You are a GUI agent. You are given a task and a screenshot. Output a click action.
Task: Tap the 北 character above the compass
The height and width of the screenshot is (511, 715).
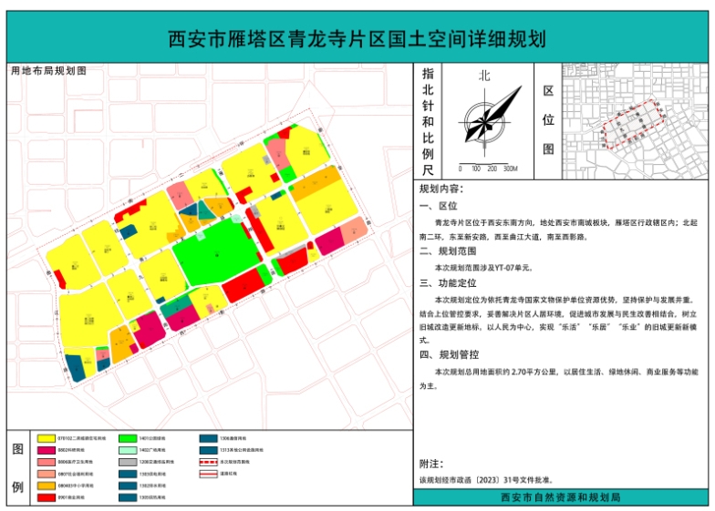(484, 77)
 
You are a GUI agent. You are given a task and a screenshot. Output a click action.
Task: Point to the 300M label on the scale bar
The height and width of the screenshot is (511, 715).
(510, 169)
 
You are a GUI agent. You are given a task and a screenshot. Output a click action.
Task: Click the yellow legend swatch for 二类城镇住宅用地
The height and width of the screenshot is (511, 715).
(46, 438)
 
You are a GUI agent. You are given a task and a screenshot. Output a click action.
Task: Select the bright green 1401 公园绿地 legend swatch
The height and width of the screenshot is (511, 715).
(128, 438)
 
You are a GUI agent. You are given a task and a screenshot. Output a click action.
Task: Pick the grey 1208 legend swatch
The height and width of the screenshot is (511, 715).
(128, 462)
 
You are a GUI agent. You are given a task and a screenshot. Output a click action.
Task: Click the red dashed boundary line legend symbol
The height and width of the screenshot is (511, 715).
(210, 462)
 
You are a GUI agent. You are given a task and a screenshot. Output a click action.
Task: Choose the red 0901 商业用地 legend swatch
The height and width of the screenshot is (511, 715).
(46, 497)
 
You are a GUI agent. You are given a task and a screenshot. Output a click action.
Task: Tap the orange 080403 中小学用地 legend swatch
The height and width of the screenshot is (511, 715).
(46, 485)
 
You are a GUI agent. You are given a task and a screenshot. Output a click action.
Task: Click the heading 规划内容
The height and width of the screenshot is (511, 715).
(440, 189)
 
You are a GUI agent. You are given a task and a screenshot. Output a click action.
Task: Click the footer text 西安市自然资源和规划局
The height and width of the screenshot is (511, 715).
(561, 497)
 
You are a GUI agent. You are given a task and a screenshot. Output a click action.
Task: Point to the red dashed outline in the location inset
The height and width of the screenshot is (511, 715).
(629, 123)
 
